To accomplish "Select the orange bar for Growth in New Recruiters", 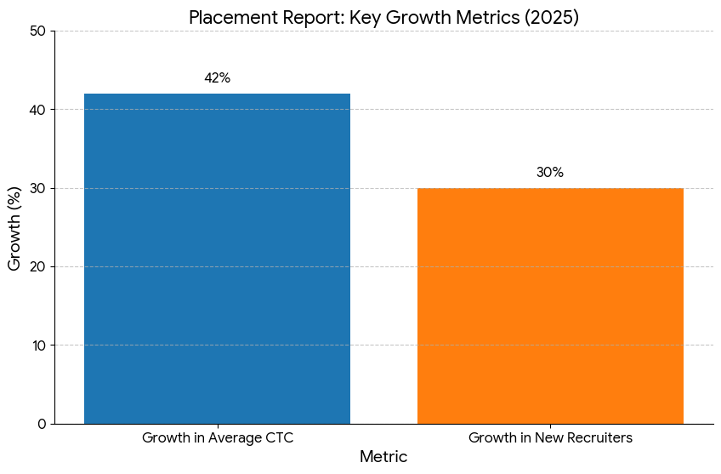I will pyautogui.click(x=550, y=306).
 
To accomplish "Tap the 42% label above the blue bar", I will pyautogui.click(x=217, y=78).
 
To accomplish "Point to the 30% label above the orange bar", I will pyautogui.click(x=550, y=173).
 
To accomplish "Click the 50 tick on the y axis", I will pyautogui.click(x=37, y=31).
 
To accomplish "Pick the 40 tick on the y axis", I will pyautogui.click(x=37, y=110).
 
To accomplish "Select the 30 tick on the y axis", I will pyautogui.click(x=37, y=188).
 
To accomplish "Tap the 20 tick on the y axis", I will pyautogui.click(x=37, y=267).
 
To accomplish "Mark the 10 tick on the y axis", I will pyautogui.click(x=37, y=346).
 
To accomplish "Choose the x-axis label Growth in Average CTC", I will pyautogui.click(x=217, y=438).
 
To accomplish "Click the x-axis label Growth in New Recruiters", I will pyautogui.click(x=550, y=438).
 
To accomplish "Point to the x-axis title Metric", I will pyautogui.click(x=383, y=457).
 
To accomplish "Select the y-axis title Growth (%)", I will pyautogui.click(x=15, y=227).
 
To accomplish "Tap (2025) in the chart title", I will pyautogui.click(x=553, y=18).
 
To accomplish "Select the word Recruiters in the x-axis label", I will pyautogui.click(x=599, y=438).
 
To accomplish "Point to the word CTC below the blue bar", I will pyautogui.click(x=279, y=438).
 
